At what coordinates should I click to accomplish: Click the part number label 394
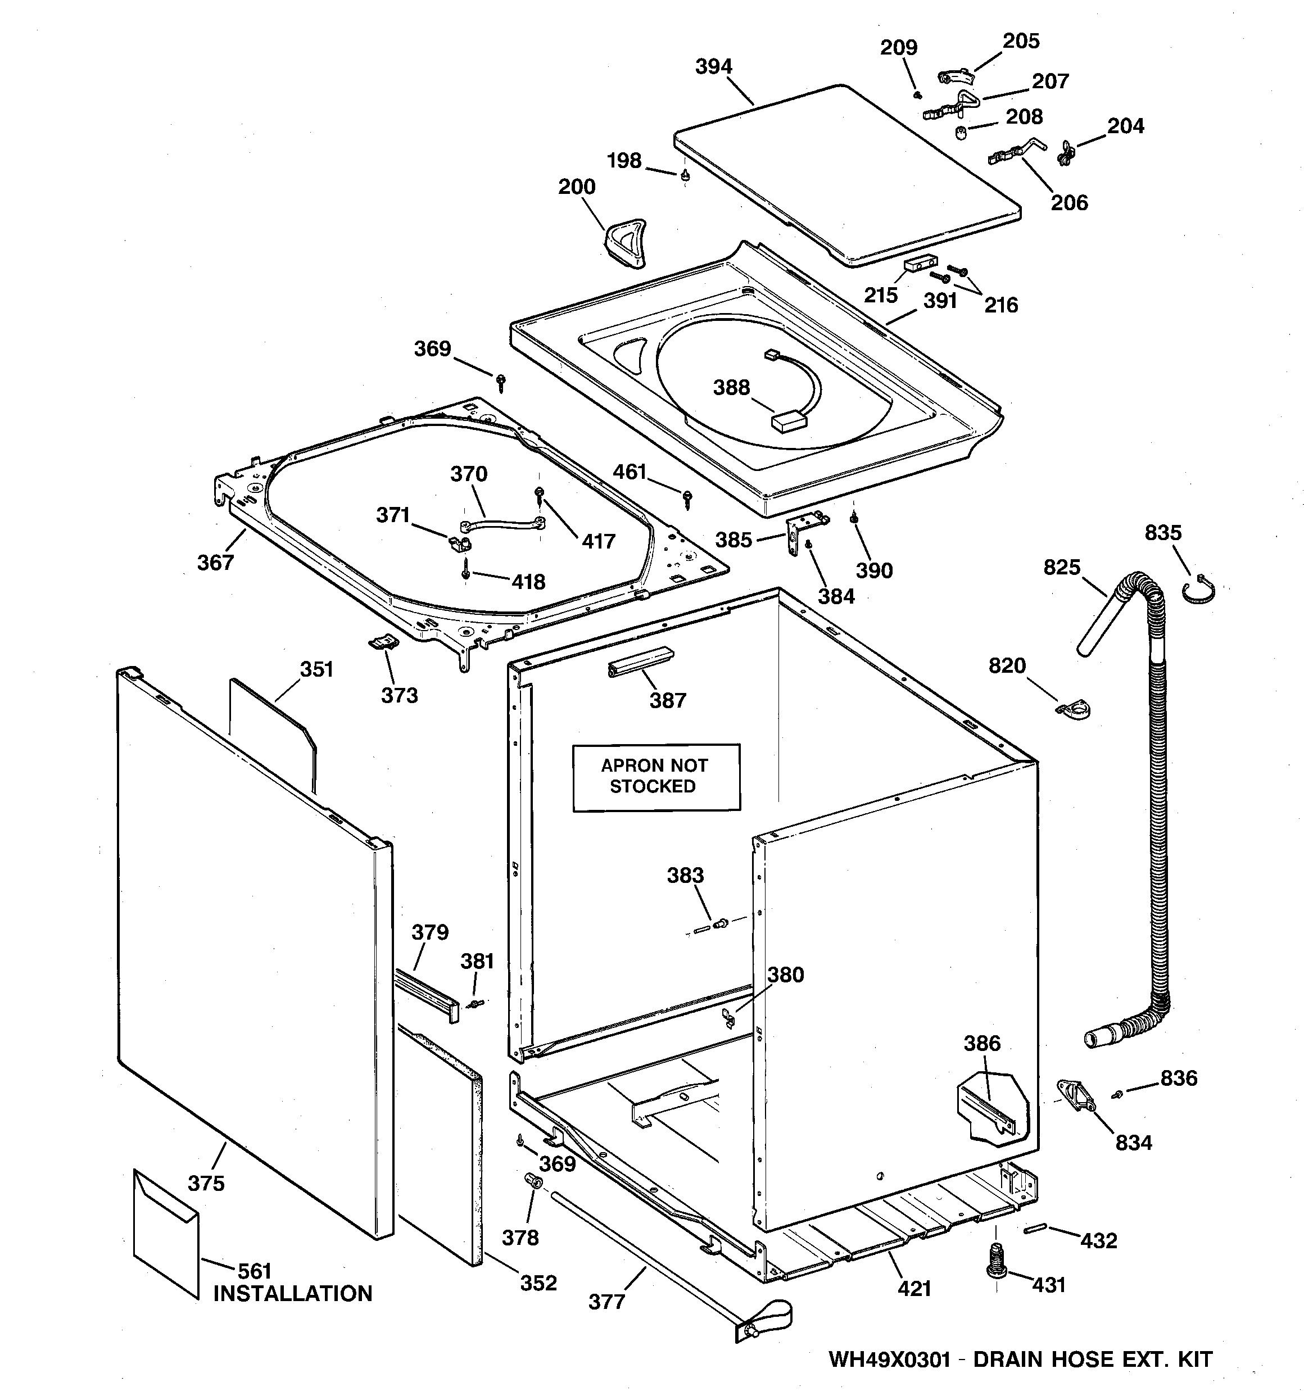point(713,66)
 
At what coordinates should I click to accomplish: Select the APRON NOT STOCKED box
point(656,777)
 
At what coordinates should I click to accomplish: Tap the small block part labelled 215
point(919,263)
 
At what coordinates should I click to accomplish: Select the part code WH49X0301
point(889,1360)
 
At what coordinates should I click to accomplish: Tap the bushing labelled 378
point(534,1181)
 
